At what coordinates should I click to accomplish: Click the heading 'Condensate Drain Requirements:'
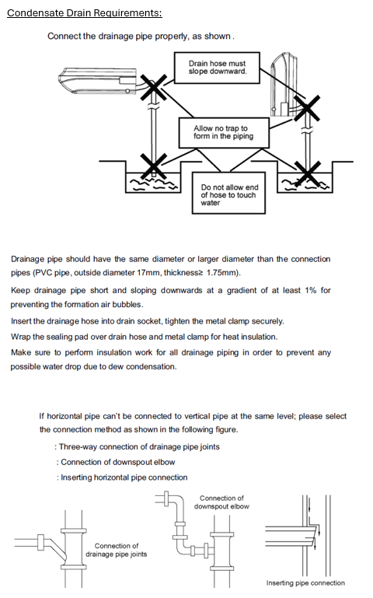[x=85, y=13]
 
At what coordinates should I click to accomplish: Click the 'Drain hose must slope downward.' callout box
[x=217, y=68]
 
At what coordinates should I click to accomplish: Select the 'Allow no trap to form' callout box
[x=224, y=132]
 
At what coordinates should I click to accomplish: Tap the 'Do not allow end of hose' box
[x=228, y=193]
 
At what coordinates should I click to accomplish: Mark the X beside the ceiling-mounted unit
[x=154, y=88]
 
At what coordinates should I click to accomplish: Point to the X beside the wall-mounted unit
[x=306, y=108]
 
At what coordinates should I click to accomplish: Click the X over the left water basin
[x=153, y=166]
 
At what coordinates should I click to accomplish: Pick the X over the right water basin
[x=308, y=174]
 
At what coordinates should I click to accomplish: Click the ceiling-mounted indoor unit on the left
[x=98, y=80]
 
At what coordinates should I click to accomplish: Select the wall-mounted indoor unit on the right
[x=284, y=84]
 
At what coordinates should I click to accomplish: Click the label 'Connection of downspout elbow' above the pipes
[x=221, y=502]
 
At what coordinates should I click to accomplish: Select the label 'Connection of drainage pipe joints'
[x=117, y=550]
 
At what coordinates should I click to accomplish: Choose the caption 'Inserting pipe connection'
[x=305, y=582]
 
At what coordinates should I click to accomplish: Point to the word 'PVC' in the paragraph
[x=44, y=273]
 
